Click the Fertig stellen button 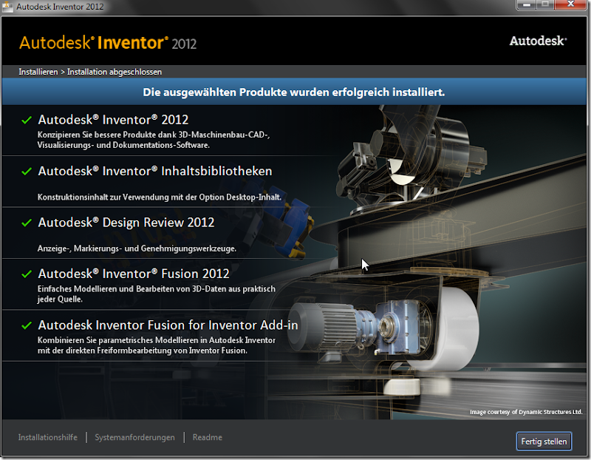(544, 442)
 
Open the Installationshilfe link (48, 437)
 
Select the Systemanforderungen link (135, 437)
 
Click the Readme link (208, 437)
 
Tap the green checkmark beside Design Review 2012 (27, 223)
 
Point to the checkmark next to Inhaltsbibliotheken (27, 172)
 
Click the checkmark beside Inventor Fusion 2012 (27, 274)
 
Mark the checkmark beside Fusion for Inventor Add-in (27, 325)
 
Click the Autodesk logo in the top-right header (538, 41)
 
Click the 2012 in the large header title (184, 44)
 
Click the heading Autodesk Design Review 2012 (126, 222)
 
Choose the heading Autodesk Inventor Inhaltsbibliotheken (155, 171)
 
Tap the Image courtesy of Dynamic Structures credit (526, 412)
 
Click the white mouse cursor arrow (364, 264)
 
